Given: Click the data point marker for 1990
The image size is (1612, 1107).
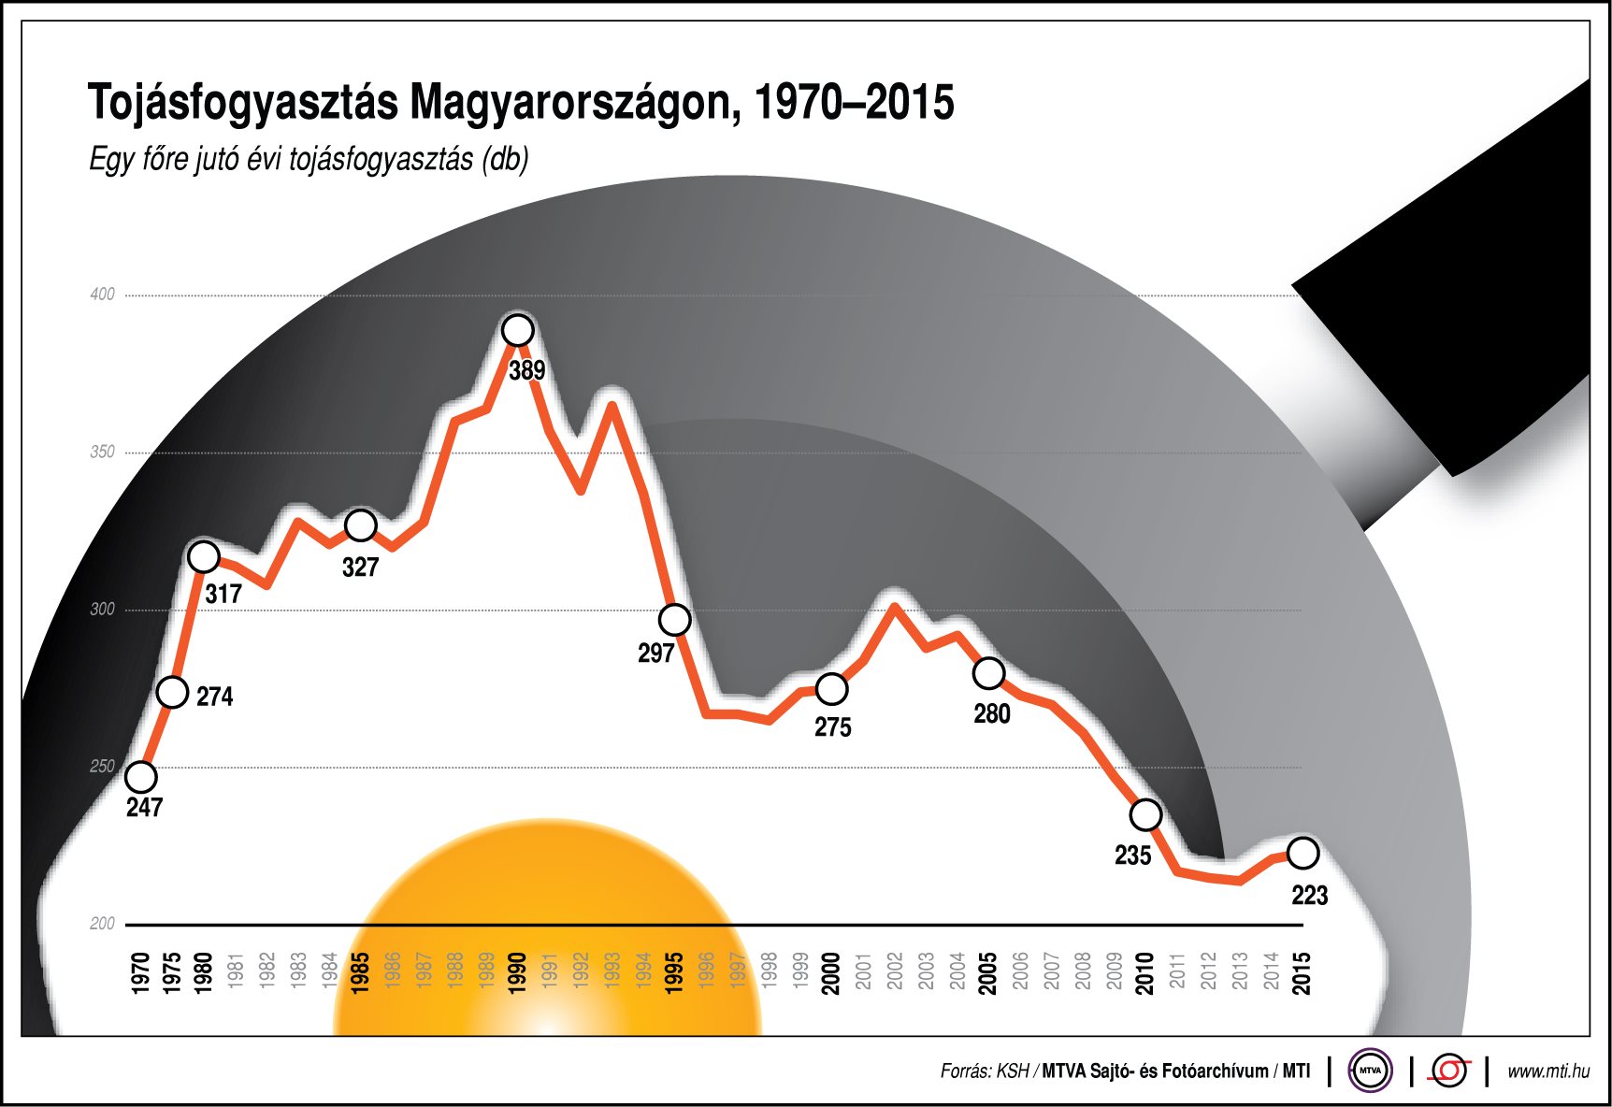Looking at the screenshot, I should coord(518,330).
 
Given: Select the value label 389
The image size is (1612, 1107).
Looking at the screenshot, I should coord(527,370).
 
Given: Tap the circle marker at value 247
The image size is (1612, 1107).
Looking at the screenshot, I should coord(141,776).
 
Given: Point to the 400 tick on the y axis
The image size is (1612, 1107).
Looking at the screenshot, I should coord(102,295).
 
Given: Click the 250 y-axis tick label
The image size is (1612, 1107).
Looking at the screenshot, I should coord(102,767).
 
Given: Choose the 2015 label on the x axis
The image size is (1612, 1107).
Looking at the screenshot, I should coord(1302,972).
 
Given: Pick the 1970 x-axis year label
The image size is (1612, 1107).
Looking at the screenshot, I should coord(141,972).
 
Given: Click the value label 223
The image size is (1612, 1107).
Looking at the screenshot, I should coord(1309,896).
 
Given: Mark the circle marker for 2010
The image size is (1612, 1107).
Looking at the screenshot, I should coord(1146,814).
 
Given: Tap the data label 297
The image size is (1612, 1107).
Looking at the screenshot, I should coord(656,654).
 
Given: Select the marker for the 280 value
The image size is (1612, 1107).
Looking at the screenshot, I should coord(989,673).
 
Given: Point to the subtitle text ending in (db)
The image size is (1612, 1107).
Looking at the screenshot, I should coord(309,160).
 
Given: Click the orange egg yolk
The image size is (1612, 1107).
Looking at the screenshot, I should coord(547,926).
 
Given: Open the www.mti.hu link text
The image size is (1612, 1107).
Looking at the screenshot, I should coord(1547,1071).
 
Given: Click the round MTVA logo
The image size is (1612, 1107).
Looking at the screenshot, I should coord(1370,1071).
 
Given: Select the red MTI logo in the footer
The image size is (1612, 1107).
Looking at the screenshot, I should coord(1449,1071).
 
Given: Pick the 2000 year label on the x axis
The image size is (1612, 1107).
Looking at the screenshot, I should coord(831,972).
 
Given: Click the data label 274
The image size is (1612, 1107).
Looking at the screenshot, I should coord(215,697).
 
